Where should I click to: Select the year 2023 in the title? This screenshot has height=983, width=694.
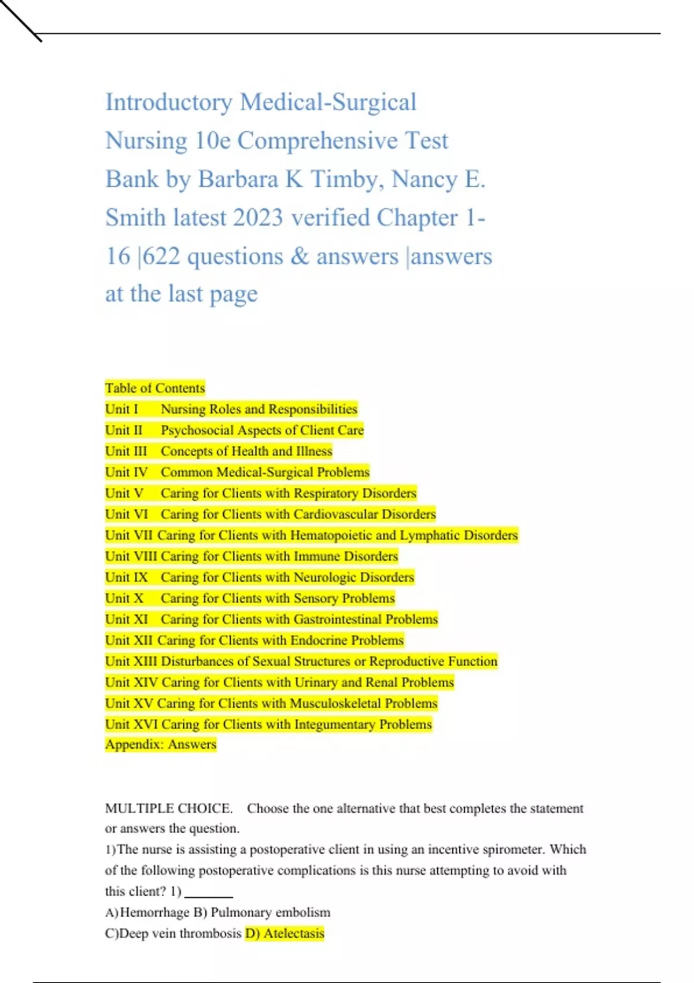(x=257, y=218)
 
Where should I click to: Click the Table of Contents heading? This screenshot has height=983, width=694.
(x=155, y=388)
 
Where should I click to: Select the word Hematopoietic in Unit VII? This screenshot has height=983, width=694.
(x=330, y=535)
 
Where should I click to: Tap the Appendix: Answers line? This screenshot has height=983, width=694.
(x=161, y=745)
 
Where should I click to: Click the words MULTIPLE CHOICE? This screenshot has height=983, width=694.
(x=168, y=808)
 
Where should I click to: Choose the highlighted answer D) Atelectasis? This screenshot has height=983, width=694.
(x=285, y=933)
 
